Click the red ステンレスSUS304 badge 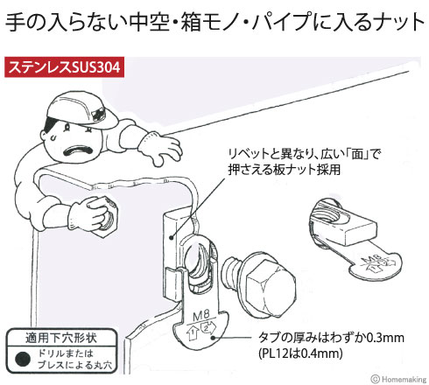click(64, 67)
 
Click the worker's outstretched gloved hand click(161, 148)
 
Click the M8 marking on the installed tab click(201, 316)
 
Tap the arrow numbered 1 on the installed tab click(193, 333)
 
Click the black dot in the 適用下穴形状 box click(23, 359)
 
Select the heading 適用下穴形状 click(60, 339)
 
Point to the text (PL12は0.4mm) click(300, 353)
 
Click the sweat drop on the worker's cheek click(53, 137)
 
